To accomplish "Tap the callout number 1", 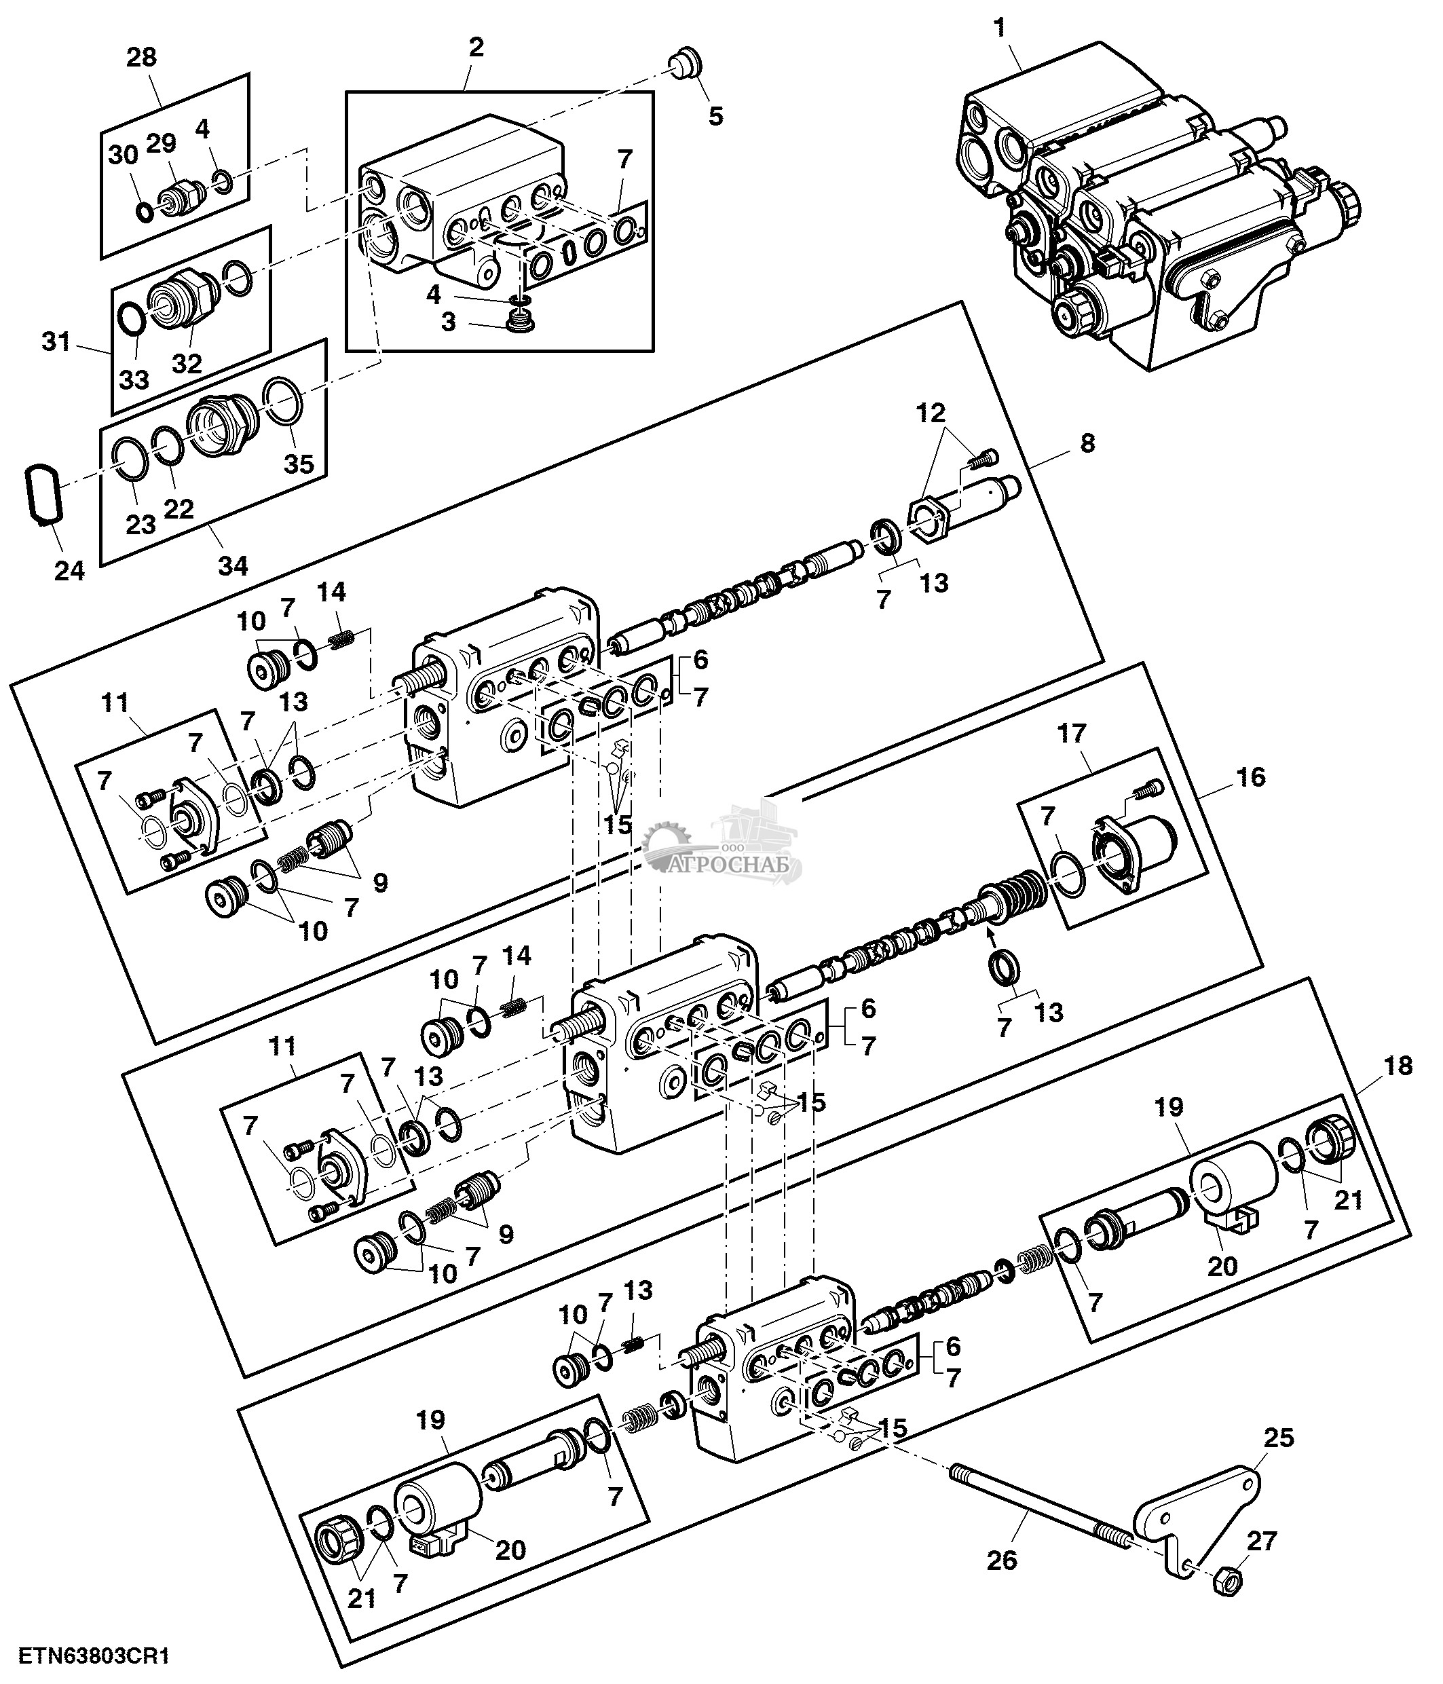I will coord(998,29).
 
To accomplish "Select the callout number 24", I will coord(69,571).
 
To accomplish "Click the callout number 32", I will coord(187,362).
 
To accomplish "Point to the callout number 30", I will coord(124,155).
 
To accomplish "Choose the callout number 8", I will coord(1087,443).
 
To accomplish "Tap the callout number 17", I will coord(1072,733).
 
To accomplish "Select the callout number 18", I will coord(1398,1066).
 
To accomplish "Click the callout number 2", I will coord(476,46).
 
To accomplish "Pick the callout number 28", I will coord(141,57).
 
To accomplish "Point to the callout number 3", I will coord(449,322).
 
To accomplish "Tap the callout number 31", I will coord(56,341).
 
